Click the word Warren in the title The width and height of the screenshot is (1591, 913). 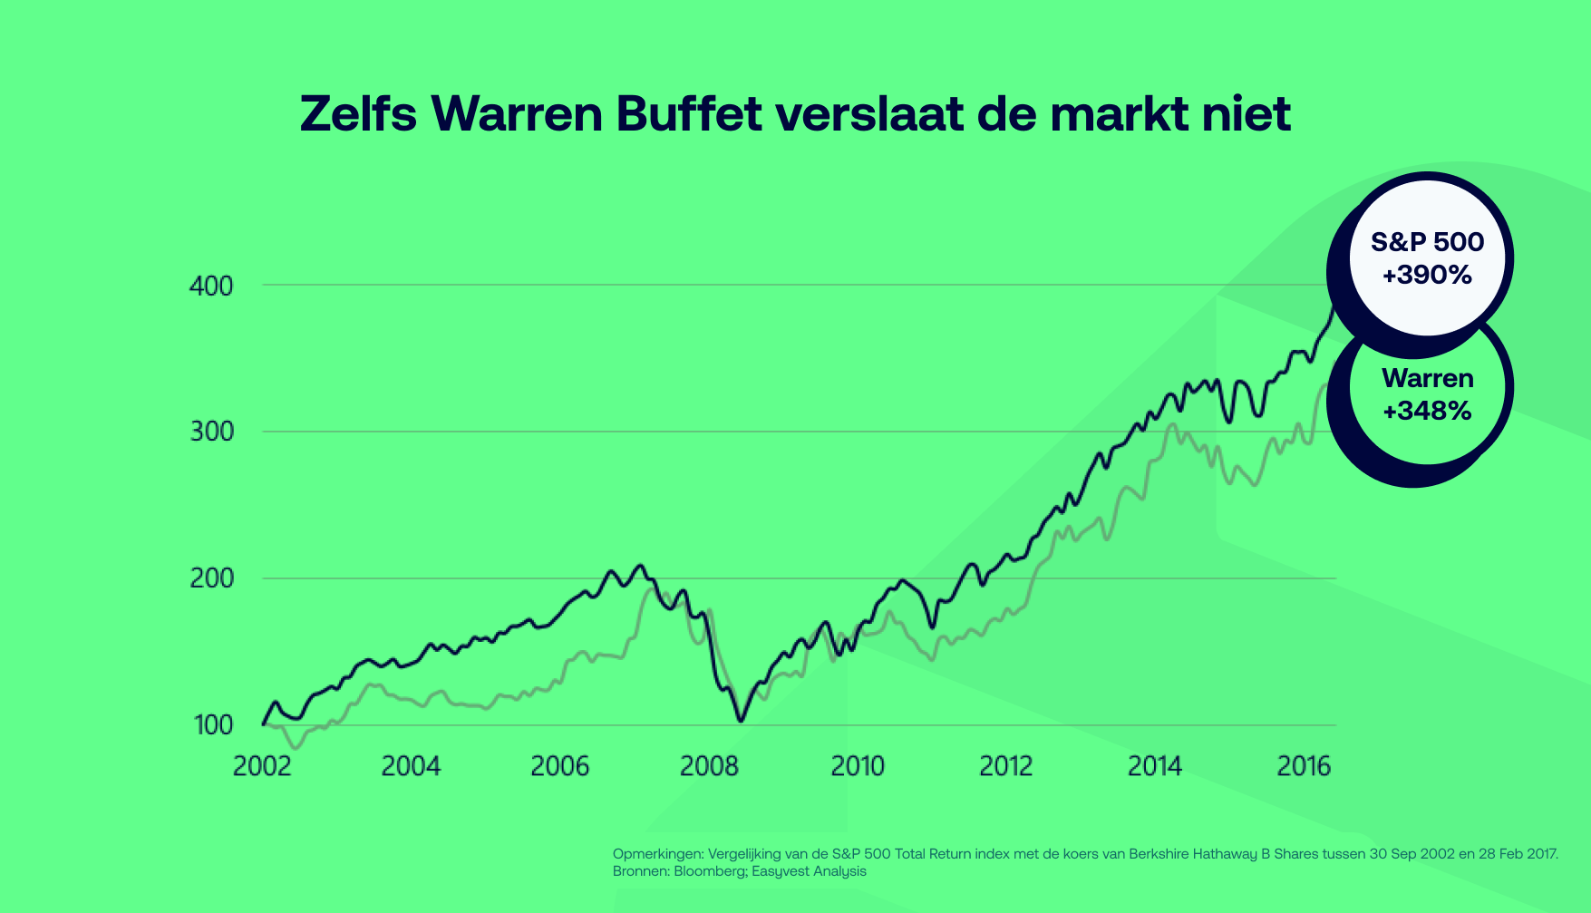(x=517, y=114)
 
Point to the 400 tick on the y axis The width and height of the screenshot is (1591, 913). (x=211, y=287)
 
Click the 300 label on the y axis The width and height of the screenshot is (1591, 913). (x=211, y=432)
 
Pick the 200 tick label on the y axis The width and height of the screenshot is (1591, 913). (x=211, y=578)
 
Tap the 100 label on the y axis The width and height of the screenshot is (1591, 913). (x=211, y=725)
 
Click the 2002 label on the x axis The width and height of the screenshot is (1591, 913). (x=262, y=767)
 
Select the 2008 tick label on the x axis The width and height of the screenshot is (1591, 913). (x=709, y=767)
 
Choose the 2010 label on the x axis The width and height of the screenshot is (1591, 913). (x=858, y=767)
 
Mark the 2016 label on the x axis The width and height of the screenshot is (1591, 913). (x=1304, y=767)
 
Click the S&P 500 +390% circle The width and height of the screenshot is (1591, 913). (x=1427, y=257)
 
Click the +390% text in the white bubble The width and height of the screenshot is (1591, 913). (x=1427, y=275)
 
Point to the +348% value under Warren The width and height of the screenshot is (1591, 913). (x=1427, y=411)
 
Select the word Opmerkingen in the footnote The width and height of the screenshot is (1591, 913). (x=657, y=854)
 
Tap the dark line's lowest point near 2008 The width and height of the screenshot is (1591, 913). (x=741, y=721)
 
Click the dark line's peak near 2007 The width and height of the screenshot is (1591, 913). (x=641, y=566)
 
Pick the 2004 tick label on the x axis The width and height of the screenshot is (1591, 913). (x=411, y=767)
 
